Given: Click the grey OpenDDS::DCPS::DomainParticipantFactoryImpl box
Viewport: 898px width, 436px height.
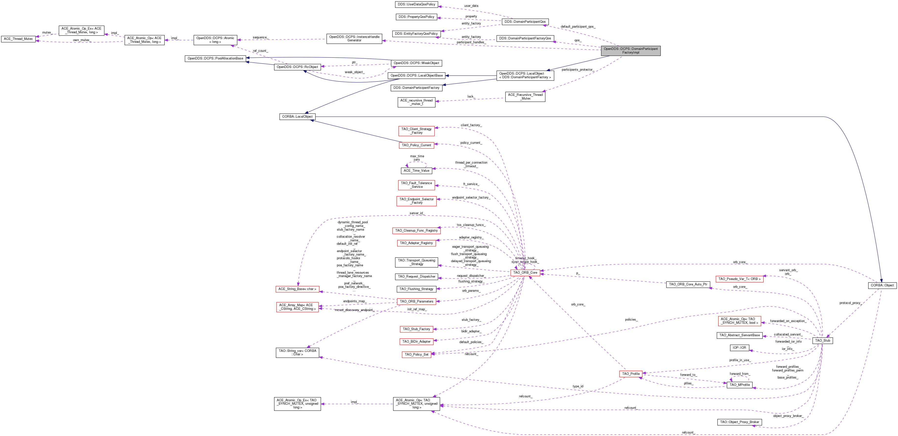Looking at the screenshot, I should (630, 51).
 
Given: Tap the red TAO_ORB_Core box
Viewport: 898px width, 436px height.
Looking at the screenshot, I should (525, 273).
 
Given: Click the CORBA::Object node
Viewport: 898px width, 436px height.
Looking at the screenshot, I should (882, 285).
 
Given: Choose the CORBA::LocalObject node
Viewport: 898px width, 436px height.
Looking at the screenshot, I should (297, 117).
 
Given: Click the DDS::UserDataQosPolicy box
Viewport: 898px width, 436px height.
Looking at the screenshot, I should (417, 4).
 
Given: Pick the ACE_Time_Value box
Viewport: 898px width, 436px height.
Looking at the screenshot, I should (416, 170).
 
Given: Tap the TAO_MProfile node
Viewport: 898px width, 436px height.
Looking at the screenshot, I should (740, 385).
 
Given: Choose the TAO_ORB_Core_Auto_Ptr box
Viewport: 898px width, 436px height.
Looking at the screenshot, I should (688, 284).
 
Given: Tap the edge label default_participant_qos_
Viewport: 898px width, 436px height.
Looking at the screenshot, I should (578, 26).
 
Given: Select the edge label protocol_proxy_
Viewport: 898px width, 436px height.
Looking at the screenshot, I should (851, 303).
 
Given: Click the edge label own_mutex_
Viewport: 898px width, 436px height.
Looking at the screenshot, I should (82, 40).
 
